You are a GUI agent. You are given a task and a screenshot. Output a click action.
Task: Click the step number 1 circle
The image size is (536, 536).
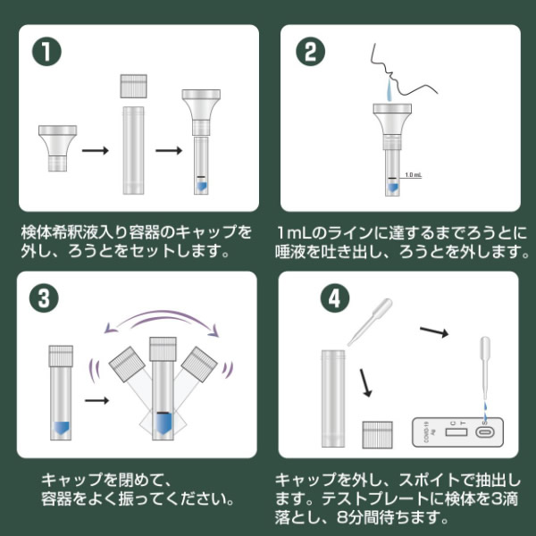click(46, 52)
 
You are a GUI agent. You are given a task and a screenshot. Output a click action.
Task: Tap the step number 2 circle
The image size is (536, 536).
click(310, 52)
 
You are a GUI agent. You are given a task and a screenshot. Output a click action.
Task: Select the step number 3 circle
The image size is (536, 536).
click(44, 298)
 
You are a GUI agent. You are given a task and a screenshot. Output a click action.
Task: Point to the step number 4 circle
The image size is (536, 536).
click(335, 298)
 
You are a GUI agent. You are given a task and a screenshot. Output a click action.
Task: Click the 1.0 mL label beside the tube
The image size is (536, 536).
click(414, 175)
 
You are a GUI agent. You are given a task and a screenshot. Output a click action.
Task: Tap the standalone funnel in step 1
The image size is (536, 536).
click(57, 148)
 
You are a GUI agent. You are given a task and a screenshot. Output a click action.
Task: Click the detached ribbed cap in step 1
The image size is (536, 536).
click(133, 86)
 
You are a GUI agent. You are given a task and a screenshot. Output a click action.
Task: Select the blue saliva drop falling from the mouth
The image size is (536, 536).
click(389, 89)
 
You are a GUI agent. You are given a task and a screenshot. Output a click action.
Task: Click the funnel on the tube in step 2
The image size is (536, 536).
click(392, 127)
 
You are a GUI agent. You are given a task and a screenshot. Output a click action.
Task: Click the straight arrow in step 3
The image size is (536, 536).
click(96, 400)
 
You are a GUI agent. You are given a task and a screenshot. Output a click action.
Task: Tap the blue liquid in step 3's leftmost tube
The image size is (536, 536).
click(61, 428)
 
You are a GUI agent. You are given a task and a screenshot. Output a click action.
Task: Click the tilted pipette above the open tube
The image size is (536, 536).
click(370, 322)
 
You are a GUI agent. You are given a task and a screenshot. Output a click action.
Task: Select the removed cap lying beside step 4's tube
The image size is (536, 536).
click(377, 434)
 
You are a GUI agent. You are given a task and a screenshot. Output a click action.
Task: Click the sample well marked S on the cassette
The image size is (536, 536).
click(485, 432)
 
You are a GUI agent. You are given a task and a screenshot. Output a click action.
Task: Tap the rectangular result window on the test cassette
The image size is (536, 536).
click(456, 432)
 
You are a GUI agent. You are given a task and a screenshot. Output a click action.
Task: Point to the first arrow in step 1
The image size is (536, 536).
click(95, 150)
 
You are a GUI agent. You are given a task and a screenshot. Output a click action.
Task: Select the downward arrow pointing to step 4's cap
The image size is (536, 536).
click(365, 383)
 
